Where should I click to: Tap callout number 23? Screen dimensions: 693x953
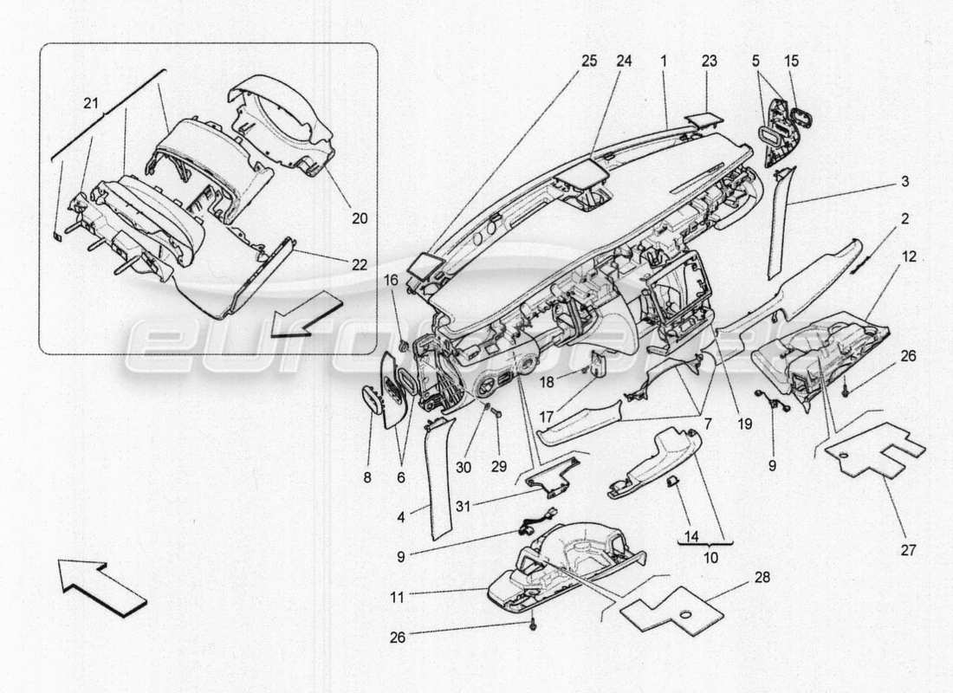[x=710, y=62]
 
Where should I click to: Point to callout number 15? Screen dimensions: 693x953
[x=792, y=62]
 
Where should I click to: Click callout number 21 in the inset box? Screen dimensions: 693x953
[x=91, y=104]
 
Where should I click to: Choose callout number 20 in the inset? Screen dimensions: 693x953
[x=360, y=219]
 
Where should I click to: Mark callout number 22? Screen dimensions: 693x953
[x=360, y=264]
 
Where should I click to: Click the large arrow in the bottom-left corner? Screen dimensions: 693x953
[x=102, y=586]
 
